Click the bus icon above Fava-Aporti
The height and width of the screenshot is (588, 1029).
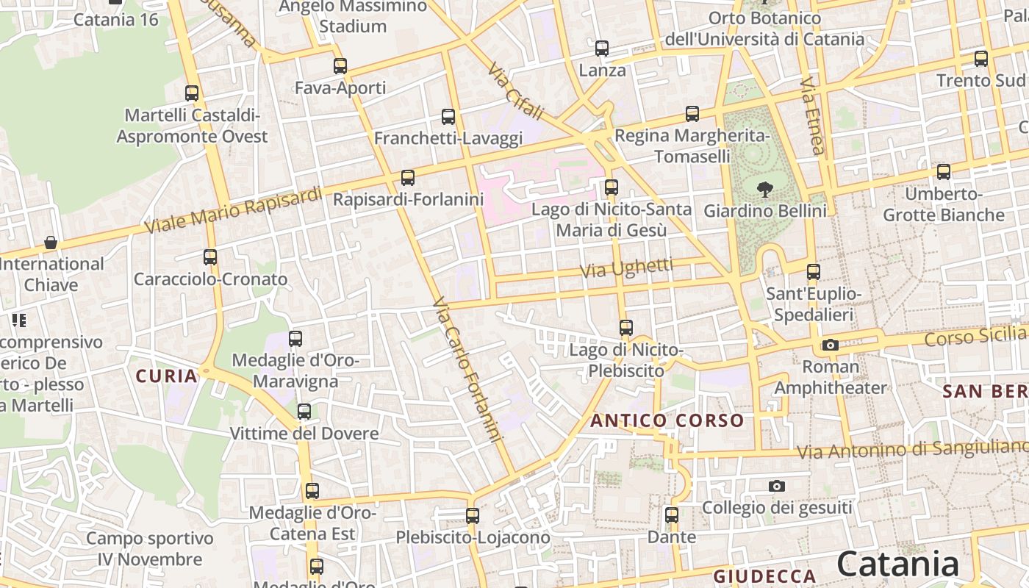[340, 66]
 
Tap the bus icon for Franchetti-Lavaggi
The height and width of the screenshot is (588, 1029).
[448, 116]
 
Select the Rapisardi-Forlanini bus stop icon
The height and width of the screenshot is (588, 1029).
[408, 177]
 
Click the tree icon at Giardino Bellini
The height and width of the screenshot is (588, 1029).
[765, 189]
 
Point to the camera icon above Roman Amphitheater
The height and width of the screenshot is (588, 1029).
[831, 345]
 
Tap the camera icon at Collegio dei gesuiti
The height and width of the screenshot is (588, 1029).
[777, 486]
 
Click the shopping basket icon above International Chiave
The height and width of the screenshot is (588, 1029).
[51, 242]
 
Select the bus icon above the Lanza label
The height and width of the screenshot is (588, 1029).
[602, 49]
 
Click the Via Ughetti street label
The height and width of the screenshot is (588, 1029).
[626, 268]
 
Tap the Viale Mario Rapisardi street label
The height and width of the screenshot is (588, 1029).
[233, 210]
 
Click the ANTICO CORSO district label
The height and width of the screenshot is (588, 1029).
[667, 421]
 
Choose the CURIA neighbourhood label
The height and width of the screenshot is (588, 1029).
[167, 376]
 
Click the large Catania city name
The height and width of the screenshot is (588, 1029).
[897, 564]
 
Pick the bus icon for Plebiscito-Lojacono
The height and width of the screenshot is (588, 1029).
[473, 515]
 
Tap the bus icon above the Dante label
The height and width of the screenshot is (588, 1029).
[672, 514]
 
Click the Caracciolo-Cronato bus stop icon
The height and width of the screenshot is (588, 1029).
[210, 257]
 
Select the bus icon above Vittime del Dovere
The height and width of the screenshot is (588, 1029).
[304, 412]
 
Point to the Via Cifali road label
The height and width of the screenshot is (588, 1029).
[516, 91]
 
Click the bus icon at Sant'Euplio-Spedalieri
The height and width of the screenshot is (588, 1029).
[813, 272]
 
